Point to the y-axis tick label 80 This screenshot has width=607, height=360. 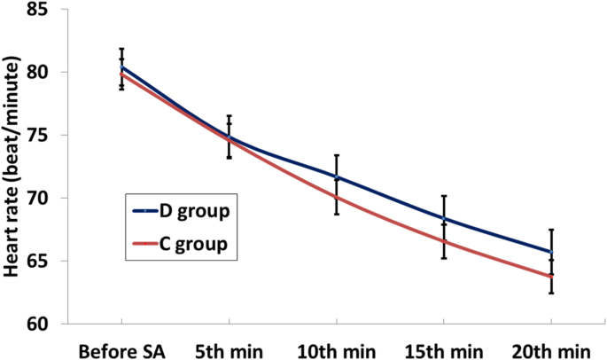(x=47, y=72)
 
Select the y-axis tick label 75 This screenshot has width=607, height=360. (x=47, y=135)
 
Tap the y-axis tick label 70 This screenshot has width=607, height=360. (x=47, y=198)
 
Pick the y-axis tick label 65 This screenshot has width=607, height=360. (x=47, y=261)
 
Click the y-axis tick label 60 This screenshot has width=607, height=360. (x=47, y=324)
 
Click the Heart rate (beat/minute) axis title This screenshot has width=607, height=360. (x=13, y=168)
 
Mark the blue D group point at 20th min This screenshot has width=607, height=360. (x=551, y=252)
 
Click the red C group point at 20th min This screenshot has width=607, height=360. (x=551, y=276)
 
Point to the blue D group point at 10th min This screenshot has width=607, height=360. (x=337, y=177)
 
